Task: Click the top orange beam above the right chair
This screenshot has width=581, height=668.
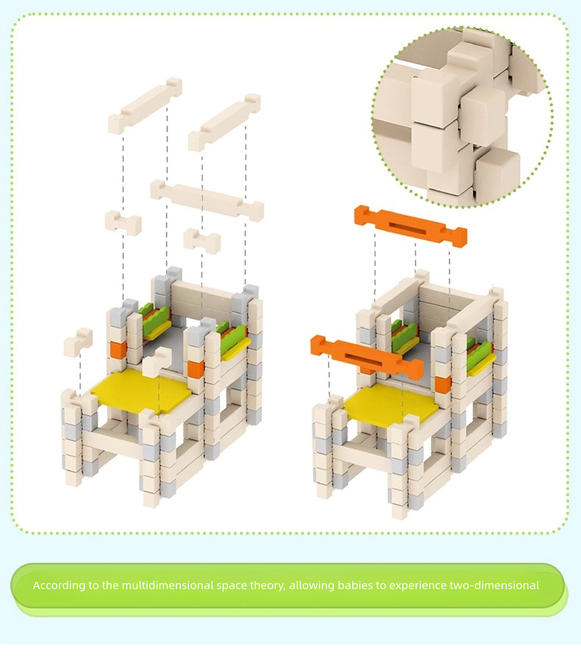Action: tap(410, 226)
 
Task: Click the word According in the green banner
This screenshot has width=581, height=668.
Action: tap(58, 586)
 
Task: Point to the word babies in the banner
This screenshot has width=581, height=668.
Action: tap(355, 586)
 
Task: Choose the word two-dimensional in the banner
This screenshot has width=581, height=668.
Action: tap(494, 586)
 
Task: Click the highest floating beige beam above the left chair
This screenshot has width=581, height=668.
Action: tap(145, 106)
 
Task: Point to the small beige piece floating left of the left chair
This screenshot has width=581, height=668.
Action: tap(78, 342)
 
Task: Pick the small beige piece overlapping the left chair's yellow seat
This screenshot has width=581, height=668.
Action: tap(157, 362)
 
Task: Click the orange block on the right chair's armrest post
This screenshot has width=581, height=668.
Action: tap(441, 383)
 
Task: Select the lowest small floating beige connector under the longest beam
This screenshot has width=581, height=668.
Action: tap(202, 241)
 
